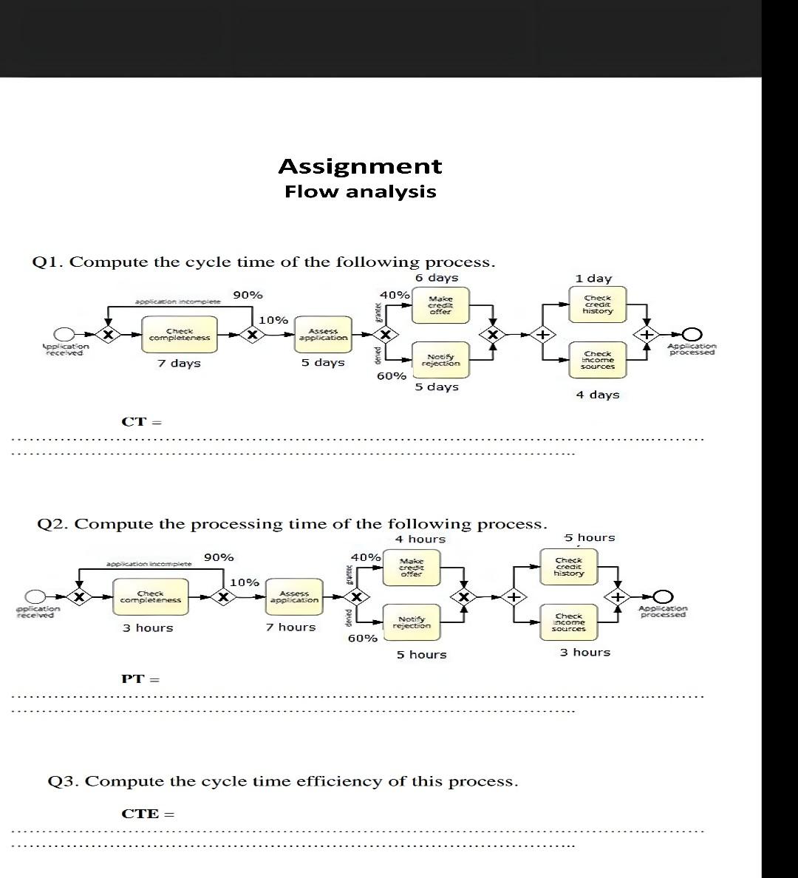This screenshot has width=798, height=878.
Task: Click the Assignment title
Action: pyautogui.click(x=360, y=166)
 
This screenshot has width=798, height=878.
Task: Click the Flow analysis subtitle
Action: pyautogui.click(x=361, y=192)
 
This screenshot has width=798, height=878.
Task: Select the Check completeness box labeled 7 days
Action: pyautogui.click(x=179, y=335)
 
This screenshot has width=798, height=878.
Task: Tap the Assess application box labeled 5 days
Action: pyautogui.click(x=322, y=335)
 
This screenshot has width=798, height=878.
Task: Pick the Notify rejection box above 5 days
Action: pyautogui.click(x=440, y=360)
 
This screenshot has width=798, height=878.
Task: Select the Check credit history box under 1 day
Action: pyautogui.click(x=597, y=304)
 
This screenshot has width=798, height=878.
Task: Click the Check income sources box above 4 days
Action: pyautogui.click(x=597, y=360)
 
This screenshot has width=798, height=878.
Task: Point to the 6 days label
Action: pyautogui.click(x=436, y=278)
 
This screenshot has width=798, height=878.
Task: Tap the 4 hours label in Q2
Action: pyautogui.click(x=420, y=540)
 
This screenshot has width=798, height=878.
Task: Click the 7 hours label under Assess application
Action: pyautogui.click(x=290, y=627)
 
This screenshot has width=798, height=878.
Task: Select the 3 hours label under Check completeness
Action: pyautogui.click(x=148, y=628)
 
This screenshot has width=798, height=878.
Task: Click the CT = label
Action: pyautogui.click(x=141, y=422)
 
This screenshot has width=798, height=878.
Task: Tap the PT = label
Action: pyautogui.click(x=140, y=679)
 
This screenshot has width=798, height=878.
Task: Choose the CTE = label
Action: pyautogui.click(x=148, y=814)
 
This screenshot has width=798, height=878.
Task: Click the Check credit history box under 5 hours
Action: pyautogui.click(x=568, y=567)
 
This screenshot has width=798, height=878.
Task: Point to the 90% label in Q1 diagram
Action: pyautogui.click(x=248, y=295)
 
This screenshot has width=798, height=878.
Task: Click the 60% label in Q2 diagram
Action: pyautogui.click(x=362, y=638)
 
